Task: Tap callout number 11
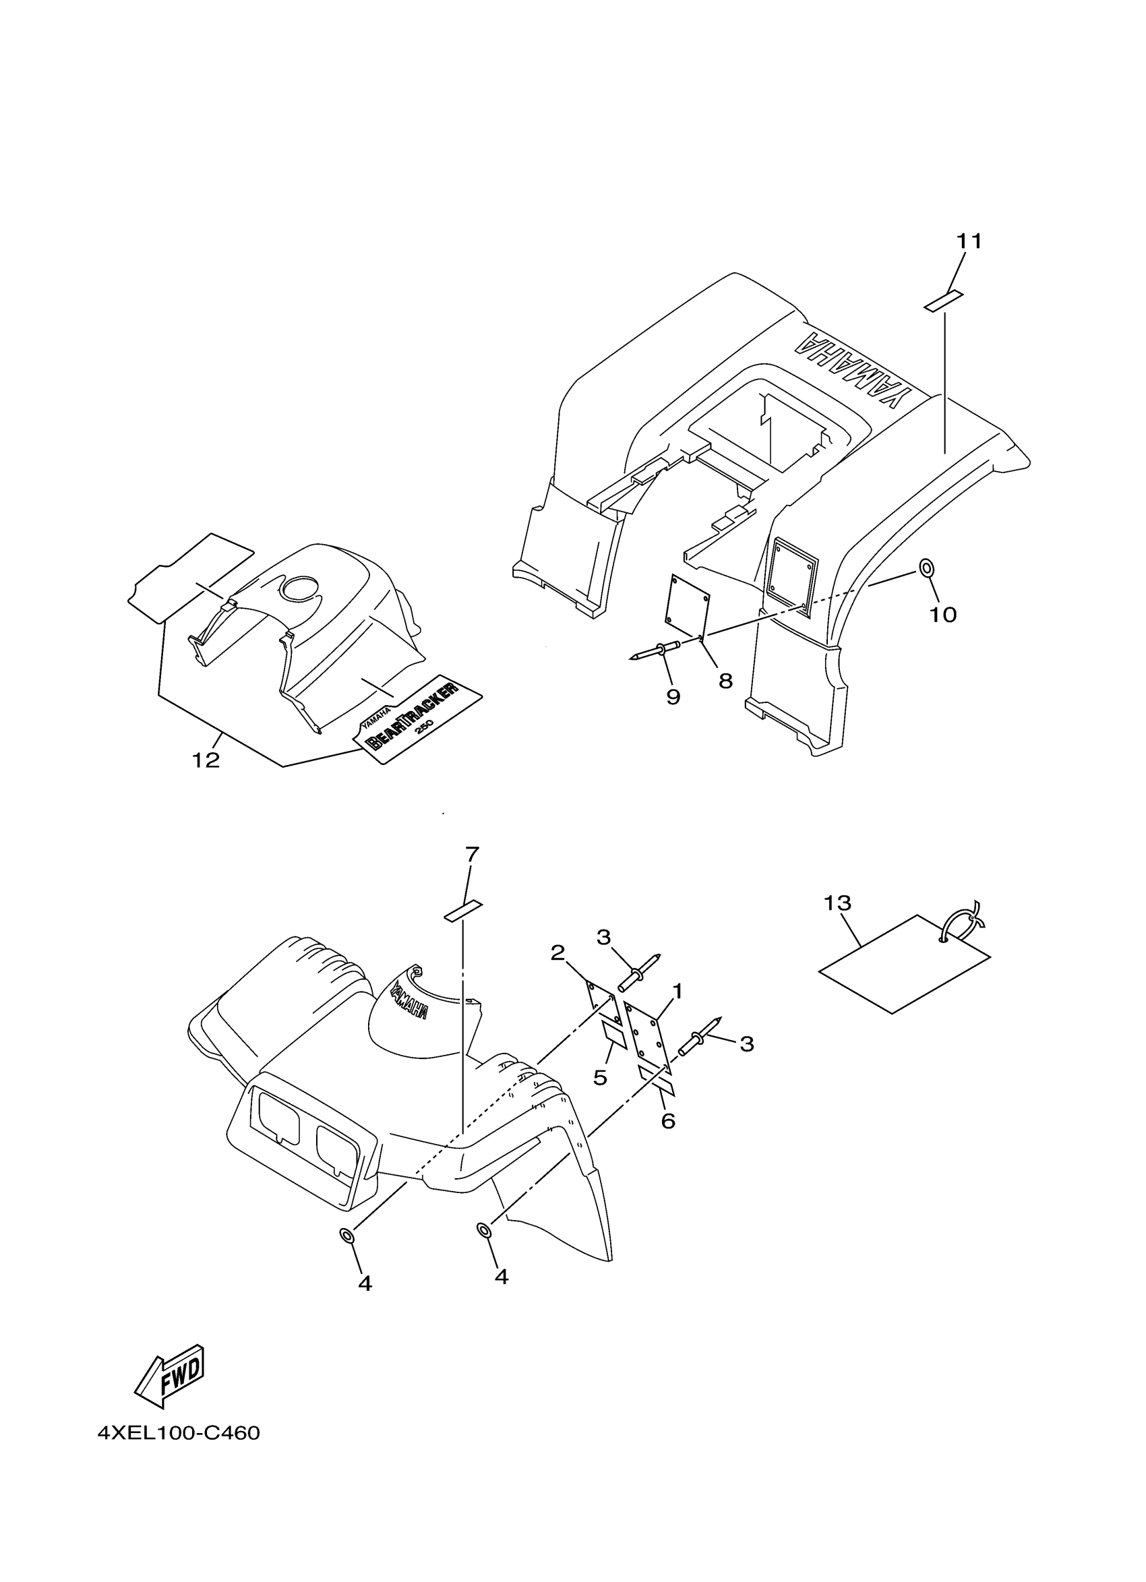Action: point(969,241)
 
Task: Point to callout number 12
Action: point(206,760)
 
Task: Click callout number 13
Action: point(837,903)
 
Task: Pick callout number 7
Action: point(472,854)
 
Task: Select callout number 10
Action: point(942,615)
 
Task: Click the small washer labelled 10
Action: point(926,568)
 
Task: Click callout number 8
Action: point(725,681)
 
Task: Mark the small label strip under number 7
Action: point(463,911)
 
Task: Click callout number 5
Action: point(600,1078)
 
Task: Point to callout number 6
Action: point(667,1121)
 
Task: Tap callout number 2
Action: point(557,953)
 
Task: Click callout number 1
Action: point(677,991)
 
